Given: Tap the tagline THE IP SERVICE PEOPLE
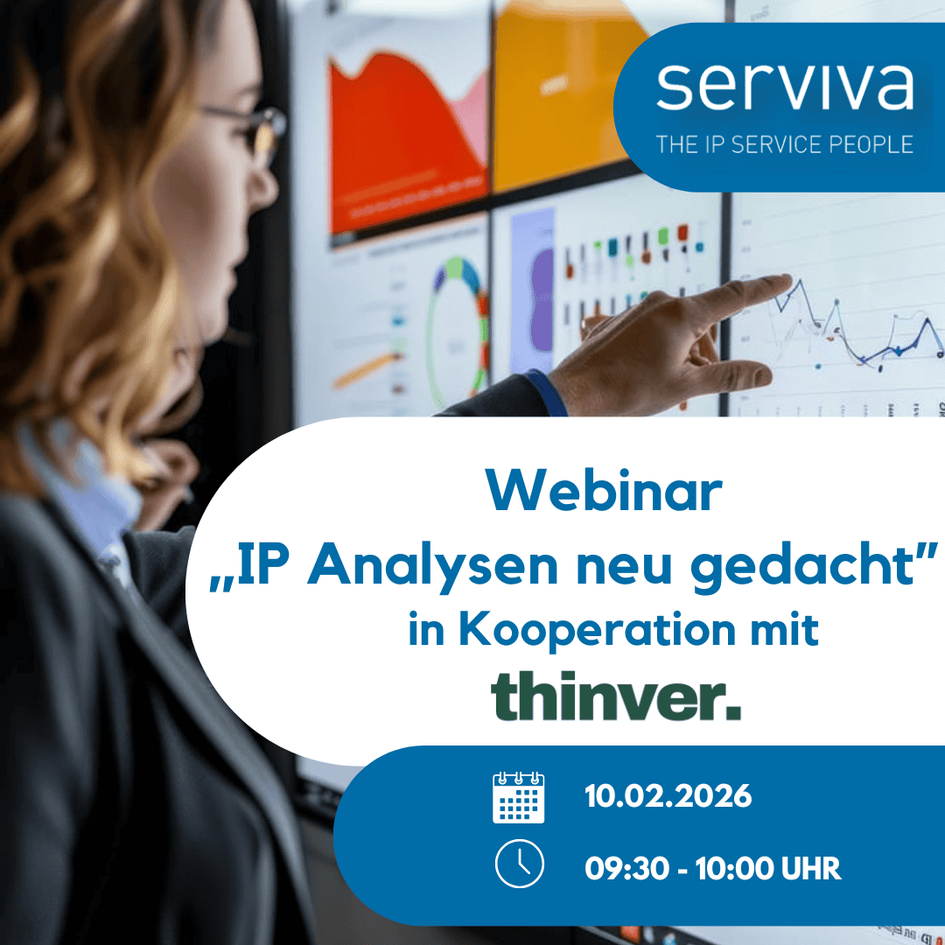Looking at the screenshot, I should [784, 143].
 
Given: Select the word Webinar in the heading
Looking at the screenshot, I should [605, 493].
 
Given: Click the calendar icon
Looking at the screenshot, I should [518, 797].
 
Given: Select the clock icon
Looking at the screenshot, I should [519, 864].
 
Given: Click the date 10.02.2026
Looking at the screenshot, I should [668, 797].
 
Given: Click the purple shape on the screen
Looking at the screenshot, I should [542, 289].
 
